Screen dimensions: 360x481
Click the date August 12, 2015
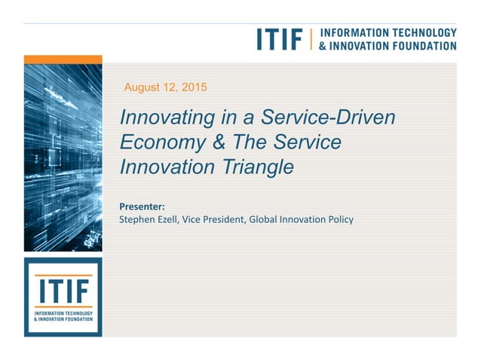165,87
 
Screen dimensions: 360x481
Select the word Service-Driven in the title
328,118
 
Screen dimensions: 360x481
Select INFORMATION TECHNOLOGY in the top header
388,32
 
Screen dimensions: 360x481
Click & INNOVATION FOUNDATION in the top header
388,45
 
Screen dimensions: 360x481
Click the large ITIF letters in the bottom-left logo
63,291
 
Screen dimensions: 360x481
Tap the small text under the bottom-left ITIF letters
63,316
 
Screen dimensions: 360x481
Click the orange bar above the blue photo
63,59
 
